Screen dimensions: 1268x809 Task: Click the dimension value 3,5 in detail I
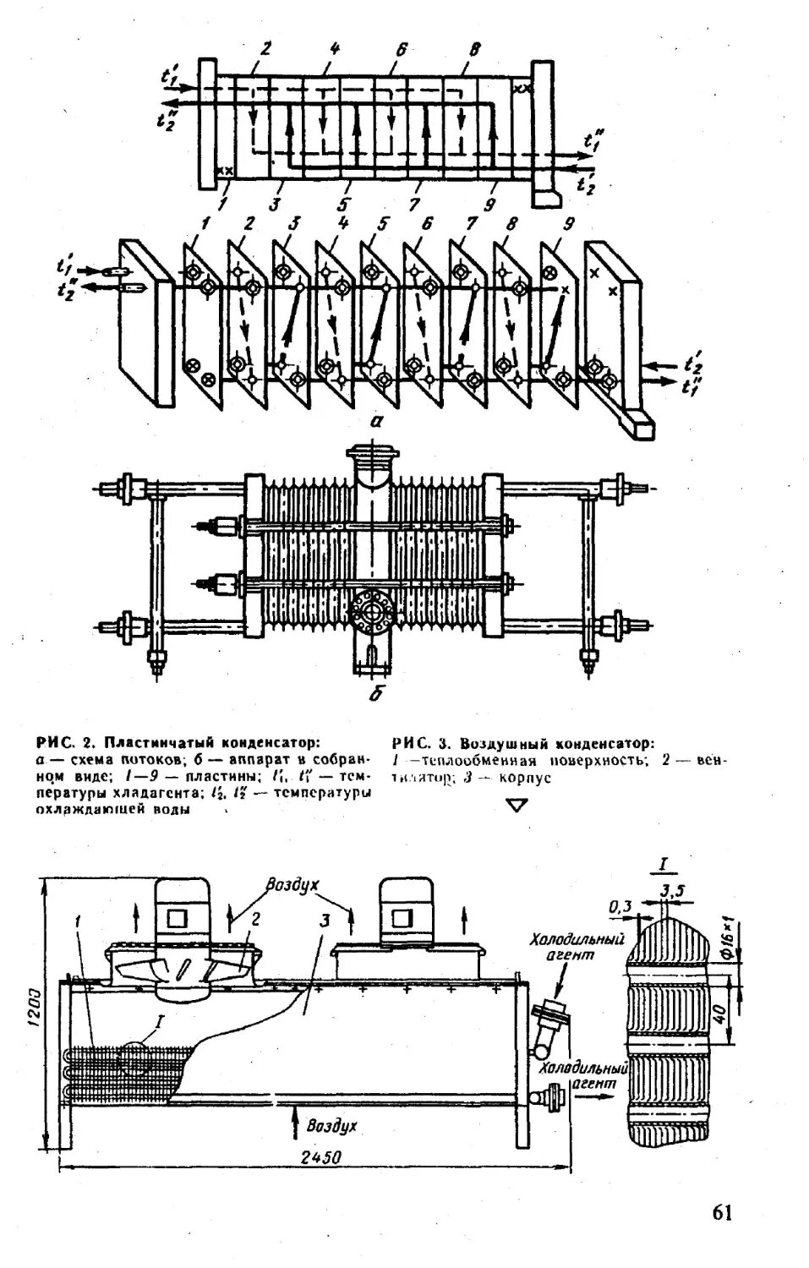click(x=673, y=891)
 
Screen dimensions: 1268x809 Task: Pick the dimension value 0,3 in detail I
click(x=620, y=906)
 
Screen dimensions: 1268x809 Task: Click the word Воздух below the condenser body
click(x=332, y=1126)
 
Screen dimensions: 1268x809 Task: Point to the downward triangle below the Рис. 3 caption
click(x=517, y=806)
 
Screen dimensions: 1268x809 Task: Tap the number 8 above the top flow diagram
click(x=475, y=50)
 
